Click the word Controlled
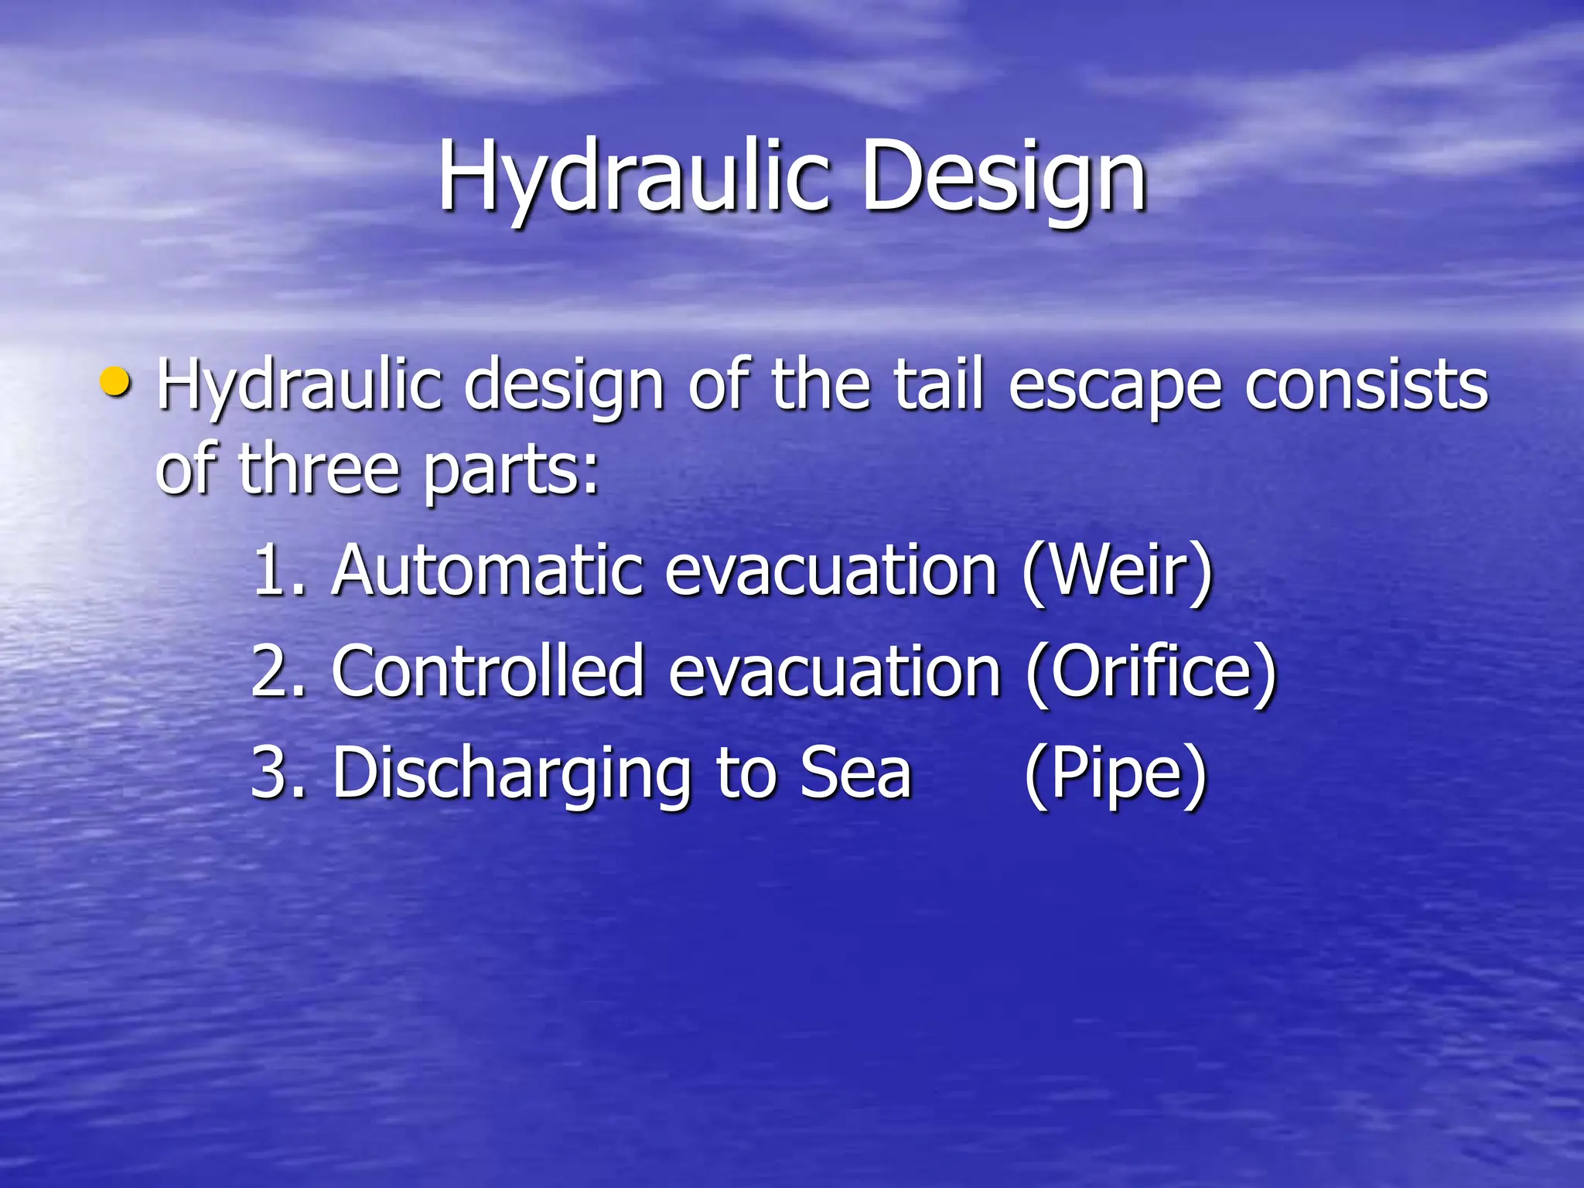coord(488,671)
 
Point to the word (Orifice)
coord(1150,671)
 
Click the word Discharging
coord(510,773)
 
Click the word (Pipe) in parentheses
coord(1115,773)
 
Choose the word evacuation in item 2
coord(835,671)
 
